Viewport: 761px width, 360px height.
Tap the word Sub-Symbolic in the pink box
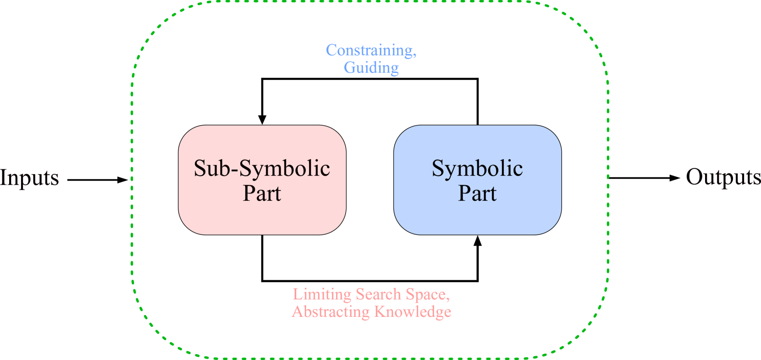(262, 168)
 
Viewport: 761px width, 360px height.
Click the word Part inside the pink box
(262, 193)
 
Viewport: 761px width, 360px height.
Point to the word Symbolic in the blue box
(477, 168)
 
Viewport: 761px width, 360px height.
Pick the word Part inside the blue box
(477, 193)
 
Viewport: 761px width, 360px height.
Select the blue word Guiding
(371, 67)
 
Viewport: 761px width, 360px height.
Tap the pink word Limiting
(322, 294)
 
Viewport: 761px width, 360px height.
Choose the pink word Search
(378, 294)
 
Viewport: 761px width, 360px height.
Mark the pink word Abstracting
(331, 311)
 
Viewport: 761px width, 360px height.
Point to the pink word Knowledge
(413, 311)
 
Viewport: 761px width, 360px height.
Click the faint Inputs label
(29, 177)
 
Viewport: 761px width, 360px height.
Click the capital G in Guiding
(349, 67)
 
